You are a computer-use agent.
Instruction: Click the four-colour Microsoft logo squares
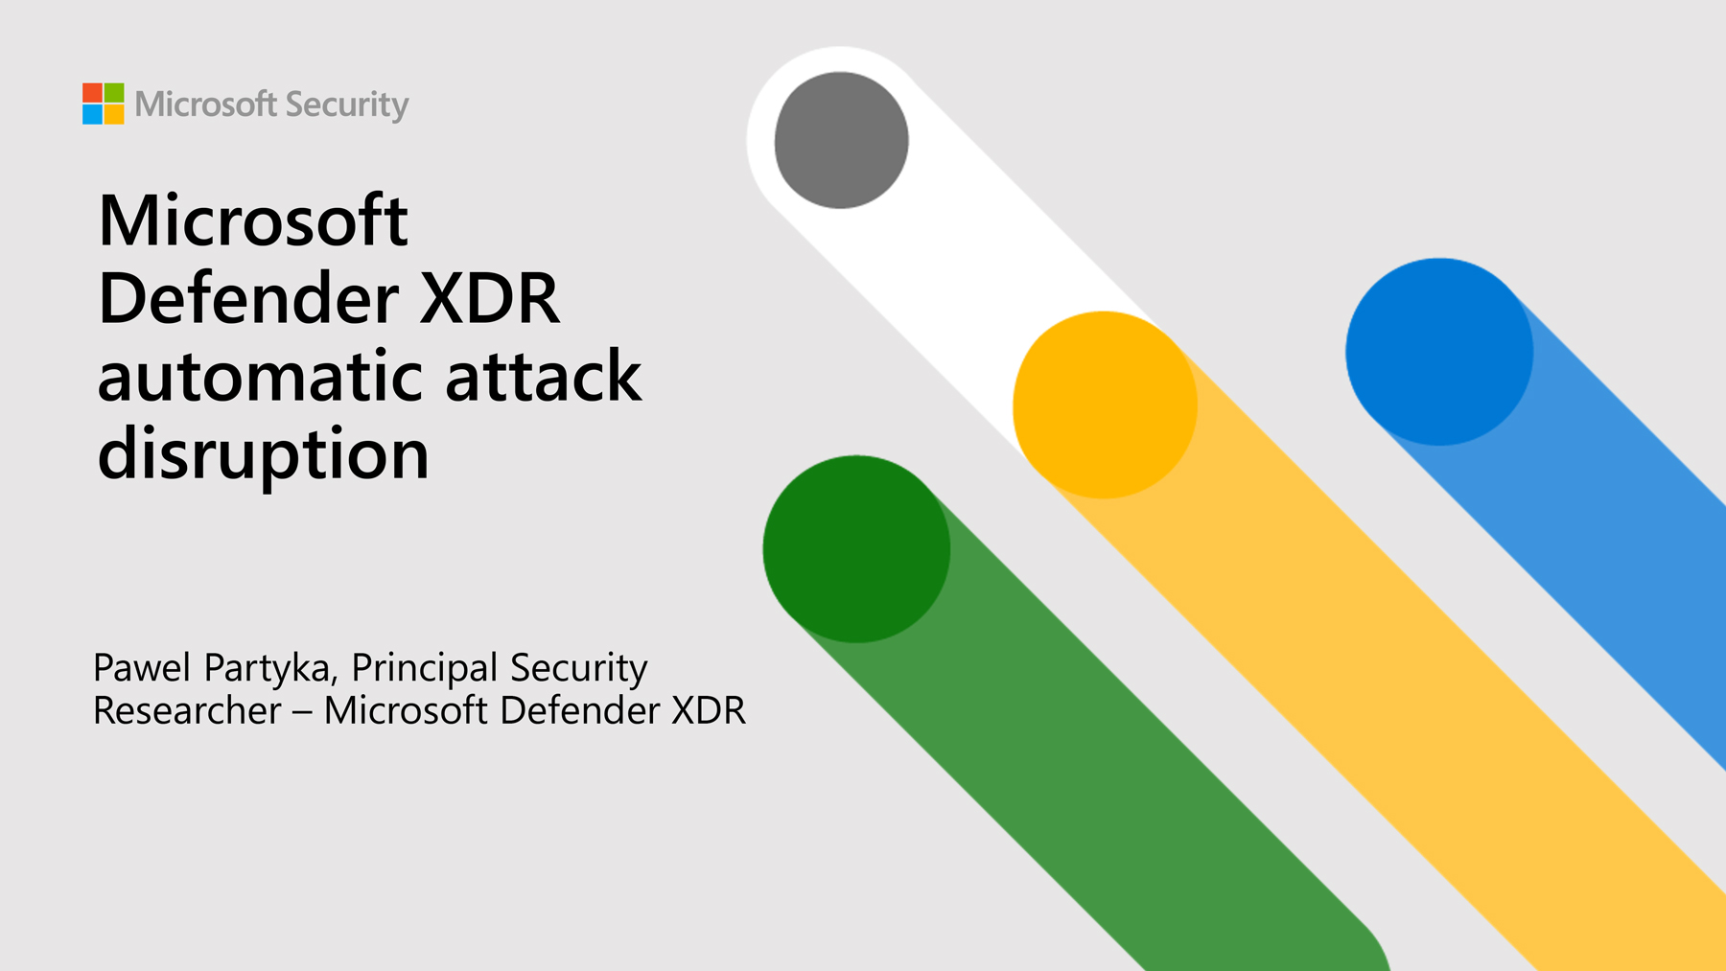coord(103,104)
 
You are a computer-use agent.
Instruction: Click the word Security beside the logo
coord(347,104)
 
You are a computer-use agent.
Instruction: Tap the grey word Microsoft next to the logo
coord(206,104)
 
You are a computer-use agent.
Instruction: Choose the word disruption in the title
coord(264,455)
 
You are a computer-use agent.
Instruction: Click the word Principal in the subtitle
coord(425,669)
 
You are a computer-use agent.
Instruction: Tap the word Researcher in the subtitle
coord(188,710)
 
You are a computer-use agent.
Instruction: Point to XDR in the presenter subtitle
coord(709,710)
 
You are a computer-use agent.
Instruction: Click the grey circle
coord(841,140)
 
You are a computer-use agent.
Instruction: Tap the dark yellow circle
coord(1105,405)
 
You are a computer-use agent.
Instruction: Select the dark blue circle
coord(1439,352)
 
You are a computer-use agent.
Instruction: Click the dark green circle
coord(856,549)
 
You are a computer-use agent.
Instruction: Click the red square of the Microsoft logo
coord(92,93)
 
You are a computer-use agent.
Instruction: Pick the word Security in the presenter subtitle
coord(579,669)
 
